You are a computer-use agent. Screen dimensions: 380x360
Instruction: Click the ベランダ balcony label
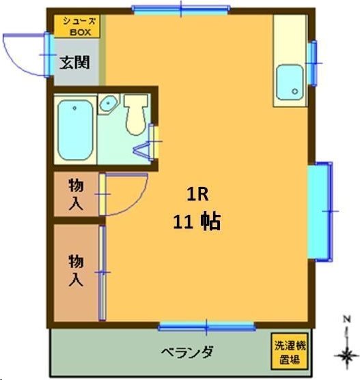pos(186,352)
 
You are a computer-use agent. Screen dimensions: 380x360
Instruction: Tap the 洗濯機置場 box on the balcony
pos(287,351)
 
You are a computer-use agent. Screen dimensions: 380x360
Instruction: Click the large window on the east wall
pos(320,211)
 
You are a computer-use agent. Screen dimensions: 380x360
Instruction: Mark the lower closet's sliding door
pos(102,273)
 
